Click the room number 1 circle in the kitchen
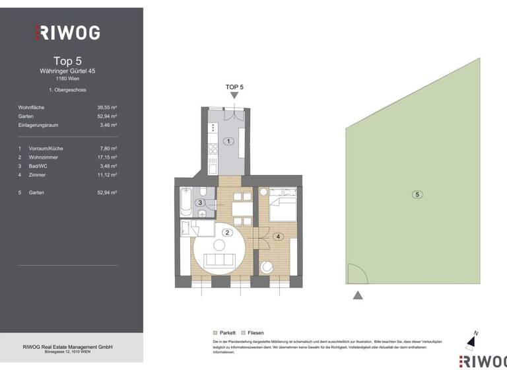coord(228,141)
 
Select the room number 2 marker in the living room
coord(226,232)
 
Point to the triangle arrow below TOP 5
coord(234,96)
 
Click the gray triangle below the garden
coord(358,295)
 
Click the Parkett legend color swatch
coord(215,333)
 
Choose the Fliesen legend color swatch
coord(244,333)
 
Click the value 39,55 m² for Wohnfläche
coord(107,107)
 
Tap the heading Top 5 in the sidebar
coord(67,61)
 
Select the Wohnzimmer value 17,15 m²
coord(107,157)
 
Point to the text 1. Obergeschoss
coord(67,90)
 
